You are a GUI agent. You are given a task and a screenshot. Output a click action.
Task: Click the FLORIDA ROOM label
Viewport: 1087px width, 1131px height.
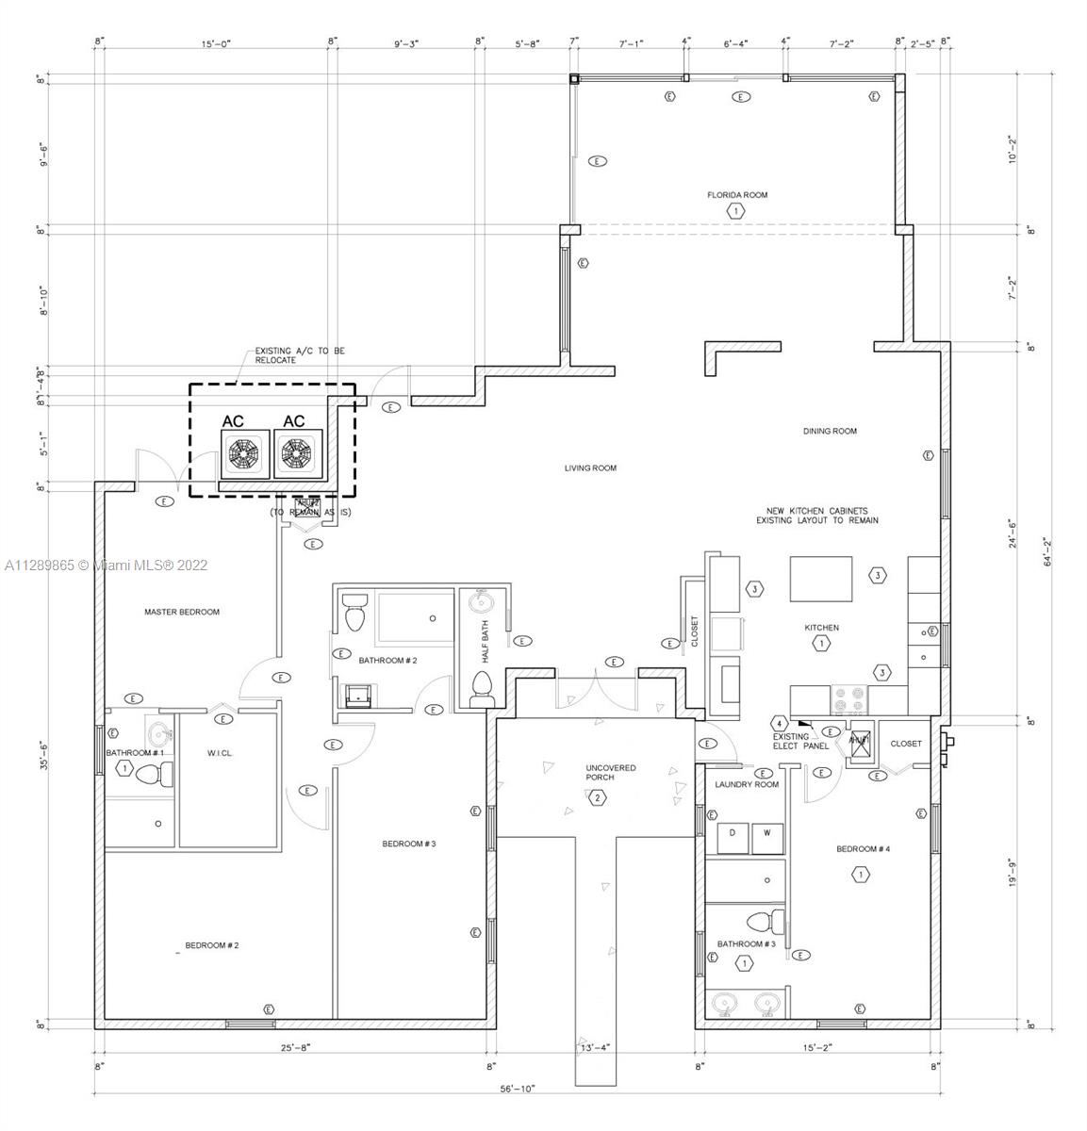coord(737,195)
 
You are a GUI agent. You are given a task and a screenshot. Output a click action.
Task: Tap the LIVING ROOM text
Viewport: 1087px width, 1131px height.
coord(590,468)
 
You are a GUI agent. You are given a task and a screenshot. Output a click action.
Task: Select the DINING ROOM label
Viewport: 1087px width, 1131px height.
coord(830,432)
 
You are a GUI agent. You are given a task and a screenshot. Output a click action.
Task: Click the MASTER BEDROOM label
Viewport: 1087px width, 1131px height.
coord(182,613)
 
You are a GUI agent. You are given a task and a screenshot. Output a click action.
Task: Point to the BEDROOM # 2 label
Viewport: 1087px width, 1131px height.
coord(211,945)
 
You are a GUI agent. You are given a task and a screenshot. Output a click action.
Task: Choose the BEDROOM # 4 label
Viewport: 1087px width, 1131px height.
coord(863,849)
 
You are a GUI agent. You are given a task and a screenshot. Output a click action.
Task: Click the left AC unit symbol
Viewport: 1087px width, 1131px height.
coord(244,453)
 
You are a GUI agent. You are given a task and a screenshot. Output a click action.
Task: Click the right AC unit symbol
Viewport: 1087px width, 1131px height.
coord(297,453)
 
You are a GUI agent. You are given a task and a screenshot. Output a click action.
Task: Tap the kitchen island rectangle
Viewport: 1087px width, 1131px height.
coord(820,579)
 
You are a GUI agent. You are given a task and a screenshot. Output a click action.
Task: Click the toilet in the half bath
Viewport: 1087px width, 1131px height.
coord(481,689)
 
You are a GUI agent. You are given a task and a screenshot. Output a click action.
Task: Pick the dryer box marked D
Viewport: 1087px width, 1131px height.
coord(733,833)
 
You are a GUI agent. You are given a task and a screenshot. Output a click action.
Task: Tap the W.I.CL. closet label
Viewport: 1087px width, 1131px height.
coord(220,753)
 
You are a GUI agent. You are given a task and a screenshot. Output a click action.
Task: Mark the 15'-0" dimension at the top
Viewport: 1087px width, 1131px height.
coord(216,43)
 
